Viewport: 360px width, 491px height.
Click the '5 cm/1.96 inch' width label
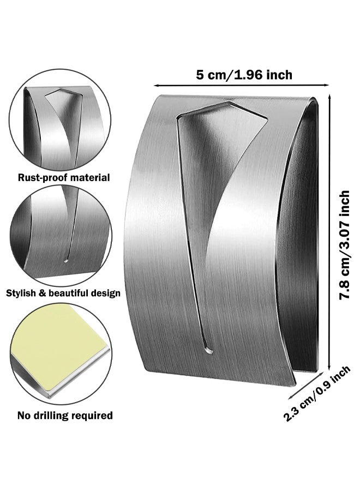coord(244,75)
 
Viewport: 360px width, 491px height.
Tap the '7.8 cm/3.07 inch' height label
coord(344,245)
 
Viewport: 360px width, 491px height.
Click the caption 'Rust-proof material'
coord(64,177)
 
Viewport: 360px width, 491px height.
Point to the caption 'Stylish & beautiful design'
coord(63,294)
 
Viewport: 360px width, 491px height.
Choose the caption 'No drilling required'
coord(65,416)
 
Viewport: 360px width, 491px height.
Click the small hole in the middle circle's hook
coord(66,260)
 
